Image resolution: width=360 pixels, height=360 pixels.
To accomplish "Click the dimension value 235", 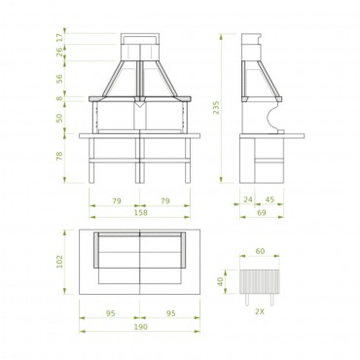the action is [x=216, y=108].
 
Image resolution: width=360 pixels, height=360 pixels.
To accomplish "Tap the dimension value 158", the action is [x=140, y=213].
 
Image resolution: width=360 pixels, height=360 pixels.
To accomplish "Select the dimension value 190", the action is [x=140, y=327].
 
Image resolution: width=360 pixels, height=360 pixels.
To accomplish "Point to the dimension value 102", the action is [x=59, y=262].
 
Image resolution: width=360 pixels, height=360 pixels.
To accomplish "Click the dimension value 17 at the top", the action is [x=59, y=38].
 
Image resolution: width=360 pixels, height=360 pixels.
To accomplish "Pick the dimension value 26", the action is [x=59, y=52].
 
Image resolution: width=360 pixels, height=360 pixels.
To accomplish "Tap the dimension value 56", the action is [x=59, y=79].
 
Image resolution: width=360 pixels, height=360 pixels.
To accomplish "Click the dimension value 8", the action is [x=59, y=98].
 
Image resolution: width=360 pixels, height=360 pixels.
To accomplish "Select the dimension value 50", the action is [x=59, y=118].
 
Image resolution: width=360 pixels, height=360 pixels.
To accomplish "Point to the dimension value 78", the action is [x=59, y=157].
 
